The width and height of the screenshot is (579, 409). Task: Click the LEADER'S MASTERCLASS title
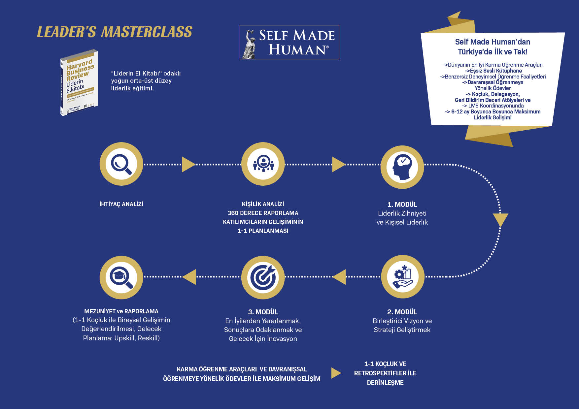(x=114, y=32)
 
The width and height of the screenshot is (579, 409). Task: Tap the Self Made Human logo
(x=289, y=42)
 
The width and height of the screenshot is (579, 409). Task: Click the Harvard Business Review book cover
(x=79, y=83)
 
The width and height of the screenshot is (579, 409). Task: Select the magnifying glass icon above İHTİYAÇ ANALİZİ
(x=121, y=164)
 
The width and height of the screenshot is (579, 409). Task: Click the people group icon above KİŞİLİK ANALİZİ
(x=263, y=164)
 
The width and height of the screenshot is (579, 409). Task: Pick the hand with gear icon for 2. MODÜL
(x=402, y=276)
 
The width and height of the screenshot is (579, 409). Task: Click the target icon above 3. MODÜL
(x=263, y=277)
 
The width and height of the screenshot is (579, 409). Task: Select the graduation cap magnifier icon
(x=121, y=277)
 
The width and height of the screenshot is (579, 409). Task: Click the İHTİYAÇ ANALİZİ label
(x=121, y=204)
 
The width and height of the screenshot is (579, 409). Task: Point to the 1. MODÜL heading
(x=402, y=204)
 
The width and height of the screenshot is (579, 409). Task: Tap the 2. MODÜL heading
(x=402, y=312)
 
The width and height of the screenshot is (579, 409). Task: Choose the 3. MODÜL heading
(x=263, y=312)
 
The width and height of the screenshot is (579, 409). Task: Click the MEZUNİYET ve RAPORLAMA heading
(x=121, y=311)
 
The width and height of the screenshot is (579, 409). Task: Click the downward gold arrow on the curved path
(x=500, y=219)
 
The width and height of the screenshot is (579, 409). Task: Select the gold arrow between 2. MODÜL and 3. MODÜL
(x=340, y=277)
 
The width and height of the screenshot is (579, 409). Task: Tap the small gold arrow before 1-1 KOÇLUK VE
(x=336, y=373)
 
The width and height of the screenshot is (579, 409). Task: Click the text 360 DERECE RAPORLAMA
(x=263, y=213)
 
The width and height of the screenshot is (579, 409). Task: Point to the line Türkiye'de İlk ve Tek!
(x=493, y=52)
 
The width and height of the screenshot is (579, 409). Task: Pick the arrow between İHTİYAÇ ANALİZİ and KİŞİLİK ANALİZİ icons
(x=188, y=164)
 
